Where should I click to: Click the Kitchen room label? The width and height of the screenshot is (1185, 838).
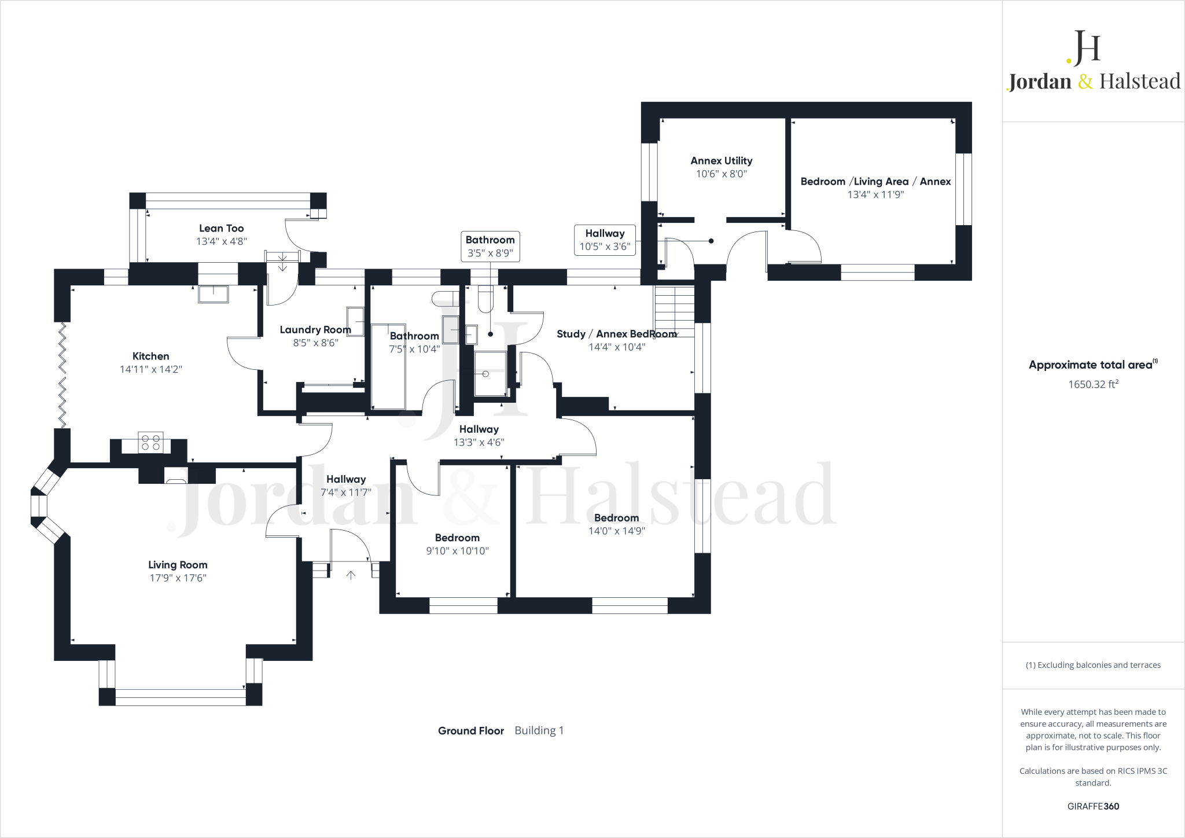pos(150,356)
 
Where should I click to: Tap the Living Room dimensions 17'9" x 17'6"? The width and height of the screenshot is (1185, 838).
pos(178,578)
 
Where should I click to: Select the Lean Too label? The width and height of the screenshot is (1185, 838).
pos(222,229)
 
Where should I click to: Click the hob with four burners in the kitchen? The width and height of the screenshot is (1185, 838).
pos(150,443)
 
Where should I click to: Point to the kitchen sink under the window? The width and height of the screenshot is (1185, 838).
pos(214,294)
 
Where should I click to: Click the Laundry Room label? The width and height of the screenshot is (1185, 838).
pos(315,330)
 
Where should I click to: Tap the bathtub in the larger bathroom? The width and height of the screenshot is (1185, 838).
pos(388,367)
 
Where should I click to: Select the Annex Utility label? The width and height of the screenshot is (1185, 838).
pos(722,161)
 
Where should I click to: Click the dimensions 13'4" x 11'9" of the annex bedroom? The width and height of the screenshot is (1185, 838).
pos(875,195)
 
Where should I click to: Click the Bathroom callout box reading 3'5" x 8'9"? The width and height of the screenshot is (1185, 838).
pos(490,247)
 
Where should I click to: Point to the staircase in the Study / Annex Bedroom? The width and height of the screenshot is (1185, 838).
pos(674,311)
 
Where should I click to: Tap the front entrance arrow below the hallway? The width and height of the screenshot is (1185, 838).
pos(351,575)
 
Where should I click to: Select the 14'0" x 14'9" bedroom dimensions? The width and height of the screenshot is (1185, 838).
pos(617,531)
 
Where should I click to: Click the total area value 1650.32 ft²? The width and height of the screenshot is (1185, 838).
pos(1093,384)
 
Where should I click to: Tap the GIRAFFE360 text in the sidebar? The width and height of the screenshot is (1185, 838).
pos(1093,806)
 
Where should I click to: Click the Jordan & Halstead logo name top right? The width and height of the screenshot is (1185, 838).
pos(1094,82)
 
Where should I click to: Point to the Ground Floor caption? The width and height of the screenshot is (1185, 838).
pos(471,731)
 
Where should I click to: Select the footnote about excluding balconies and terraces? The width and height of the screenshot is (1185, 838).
pos(1093,665)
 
